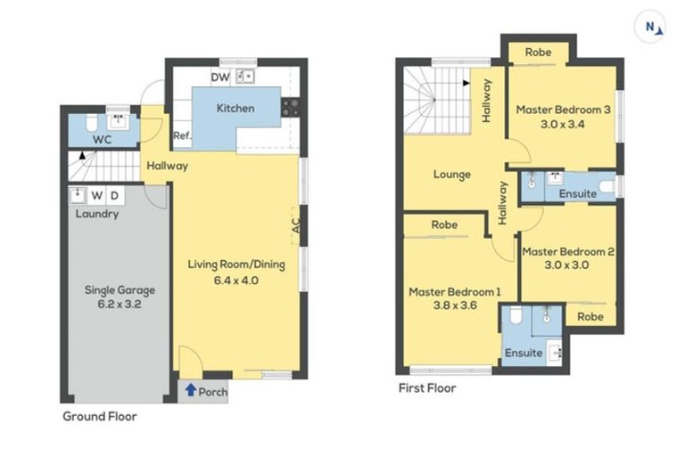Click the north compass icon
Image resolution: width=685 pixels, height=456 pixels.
click(x=650, y=27)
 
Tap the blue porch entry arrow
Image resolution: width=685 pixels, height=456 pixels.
click(x=191, y=390)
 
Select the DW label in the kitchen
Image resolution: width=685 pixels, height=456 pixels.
click(x=220, y=77)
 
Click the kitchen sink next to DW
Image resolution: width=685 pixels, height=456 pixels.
click(x=245, y=77)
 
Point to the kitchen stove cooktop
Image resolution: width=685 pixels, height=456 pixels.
click(x=291, y=108)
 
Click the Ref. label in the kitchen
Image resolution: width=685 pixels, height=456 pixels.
click(x=182, y=135)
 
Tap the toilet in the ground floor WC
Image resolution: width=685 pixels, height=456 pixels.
click(x=92, y=123)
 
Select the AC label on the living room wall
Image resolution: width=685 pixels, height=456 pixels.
click(x=296, y=225)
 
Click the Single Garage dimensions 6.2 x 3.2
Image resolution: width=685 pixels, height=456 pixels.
click(x=120, y=304)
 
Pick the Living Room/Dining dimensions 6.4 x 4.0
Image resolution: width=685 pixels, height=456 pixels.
click(x=235, y=281)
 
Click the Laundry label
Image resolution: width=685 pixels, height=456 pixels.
click(x=97, y=214)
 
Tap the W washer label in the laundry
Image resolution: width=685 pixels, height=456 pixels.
click(x=97, y=195)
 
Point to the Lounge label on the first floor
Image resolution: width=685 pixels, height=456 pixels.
click(x=452, y=175)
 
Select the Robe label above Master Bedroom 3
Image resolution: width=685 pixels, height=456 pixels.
click(x=538, y=53)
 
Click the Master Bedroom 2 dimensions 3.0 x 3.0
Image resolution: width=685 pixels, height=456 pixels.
click(x=566, y=265)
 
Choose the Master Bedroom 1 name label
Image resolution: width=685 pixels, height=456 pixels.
click(x=455, y=291)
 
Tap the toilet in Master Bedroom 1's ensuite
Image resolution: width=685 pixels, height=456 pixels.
click(x=516, y=315)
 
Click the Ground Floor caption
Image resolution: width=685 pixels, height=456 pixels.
click(x=100, y=416)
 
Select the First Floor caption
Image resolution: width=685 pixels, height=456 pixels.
click(x=427, y=388)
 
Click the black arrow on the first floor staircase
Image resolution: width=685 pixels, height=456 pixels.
click(x=466, y=83)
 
